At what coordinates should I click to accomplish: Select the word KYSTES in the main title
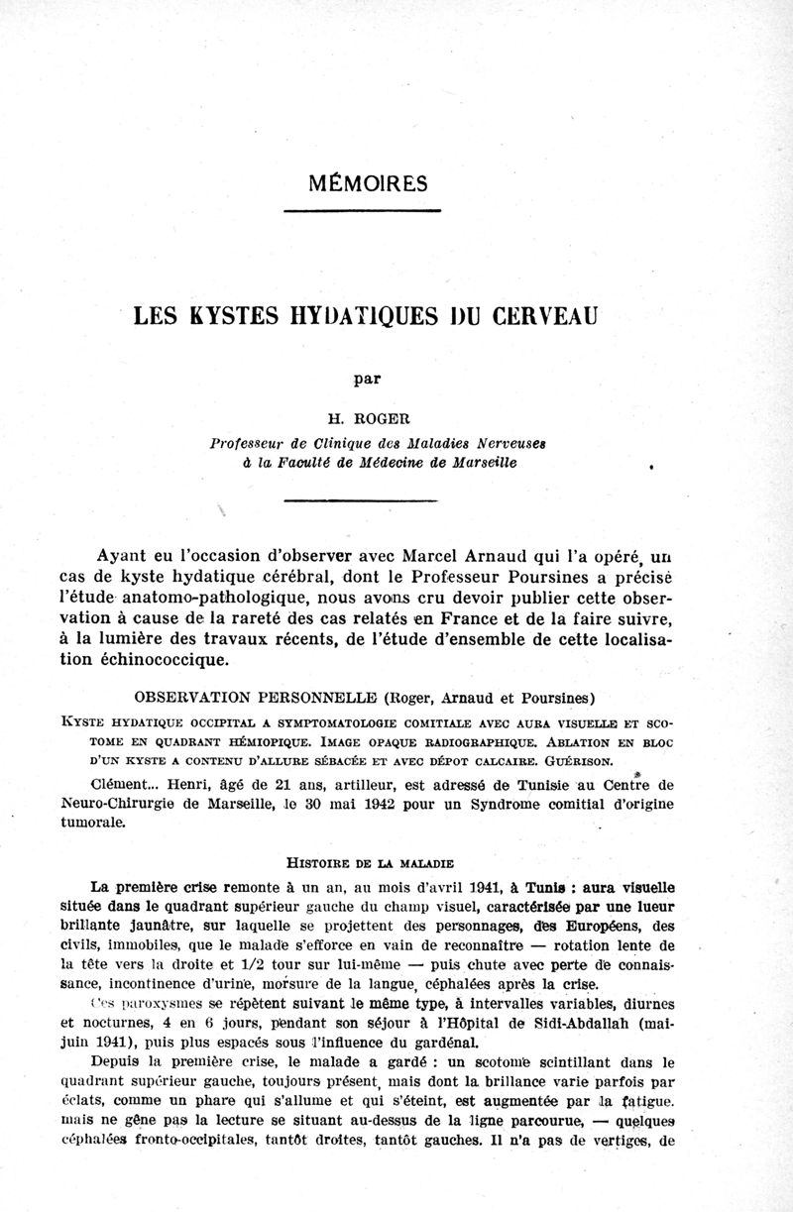(x=229, y=319)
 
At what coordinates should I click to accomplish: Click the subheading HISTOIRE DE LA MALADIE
(x=370, y=861)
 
